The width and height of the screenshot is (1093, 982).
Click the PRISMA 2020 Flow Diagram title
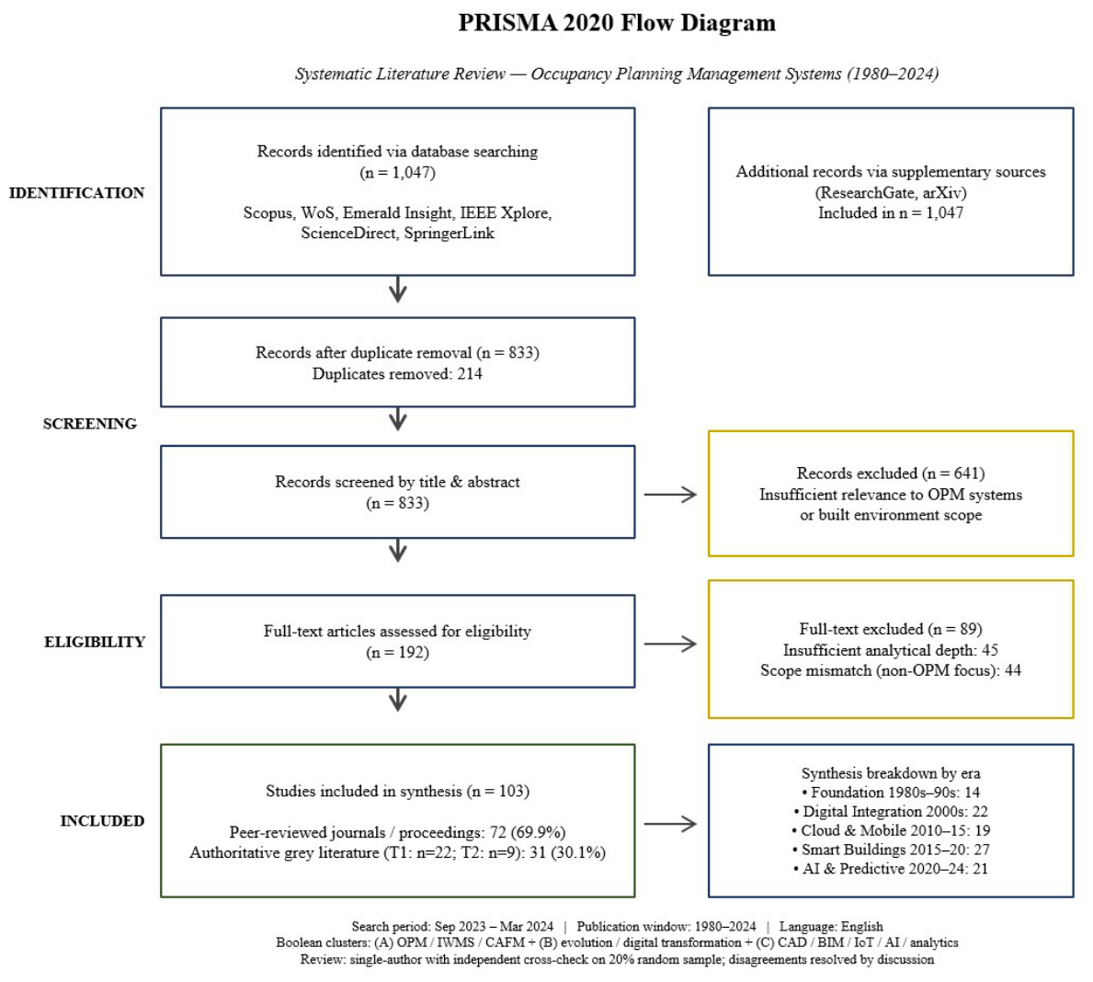coord(616,22)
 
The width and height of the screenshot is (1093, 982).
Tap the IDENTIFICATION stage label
coord(76,192)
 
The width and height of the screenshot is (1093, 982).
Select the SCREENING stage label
coord(90,423)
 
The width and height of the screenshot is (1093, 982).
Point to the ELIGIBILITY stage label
coord(95,642)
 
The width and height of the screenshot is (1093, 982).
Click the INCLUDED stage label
coord(102,821)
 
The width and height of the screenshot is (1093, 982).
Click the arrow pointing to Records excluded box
coord(670,495)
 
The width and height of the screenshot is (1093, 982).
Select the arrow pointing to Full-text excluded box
coord(670,644)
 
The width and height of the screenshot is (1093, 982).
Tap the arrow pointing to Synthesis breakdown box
coord(670,824)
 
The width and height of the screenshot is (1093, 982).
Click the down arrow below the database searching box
coord(397,290)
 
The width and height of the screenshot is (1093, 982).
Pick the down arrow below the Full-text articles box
coord(397,700)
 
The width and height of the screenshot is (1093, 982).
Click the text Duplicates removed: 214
coord(397,374)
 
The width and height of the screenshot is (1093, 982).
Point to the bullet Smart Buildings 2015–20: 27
coord(891,850)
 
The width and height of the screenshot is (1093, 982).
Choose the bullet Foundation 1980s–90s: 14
coord(891,793)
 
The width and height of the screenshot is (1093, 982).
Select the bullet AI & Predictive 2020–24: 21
coord(891,868)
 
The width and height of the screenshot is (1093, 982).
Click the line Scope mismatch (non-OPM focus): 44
coord(891,670)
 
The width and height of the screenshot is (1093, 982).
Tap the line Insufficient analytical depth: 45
coord(891,650)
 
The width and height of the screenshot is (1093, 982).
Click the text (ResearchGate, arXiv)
coord(891,192)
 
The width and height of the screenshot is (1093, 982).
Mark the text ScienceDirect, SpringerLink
coord(397,233)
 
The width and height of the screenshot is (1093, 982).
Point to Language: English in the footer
coord(831,926)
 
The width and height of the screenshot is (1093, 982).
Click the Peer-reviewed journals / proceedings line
coord(397,832)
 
